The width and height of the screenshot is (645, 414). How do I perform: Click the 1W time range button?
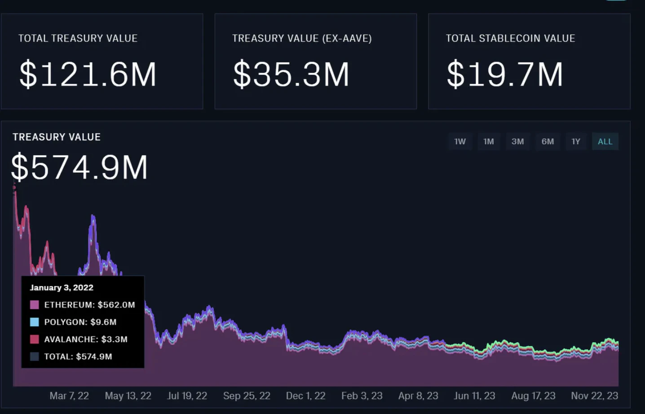click(460, 141)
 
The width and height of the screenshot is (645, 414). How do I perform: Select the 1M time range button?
click(489, 141)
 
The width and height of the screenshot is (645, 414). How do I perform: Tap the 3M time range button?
click(517, 141)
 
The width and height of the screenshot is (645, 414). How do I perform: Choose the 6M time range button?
click(548, 141)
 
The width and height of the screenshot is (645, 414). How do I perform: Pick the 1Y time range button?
click(576, 141)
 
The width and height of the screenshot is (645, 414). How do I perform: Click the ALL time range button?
click(605, 141)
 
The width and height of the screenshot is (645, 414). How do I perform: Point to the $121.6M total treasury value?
click(88, 74)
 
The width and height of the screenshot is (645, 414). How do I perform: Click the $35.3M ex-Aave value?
click(291, 74)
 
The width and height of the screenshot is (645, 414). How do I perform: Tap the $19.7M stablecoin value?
click(504, 74)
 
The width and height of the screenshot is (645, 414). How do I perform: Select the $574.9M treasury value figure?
click(80, 167)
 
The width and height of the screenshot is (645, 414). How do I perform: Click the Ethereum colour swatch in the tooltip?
click(35, 305)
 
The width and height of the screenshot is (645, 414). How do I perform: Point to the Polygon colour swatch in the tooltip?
click(35, 322)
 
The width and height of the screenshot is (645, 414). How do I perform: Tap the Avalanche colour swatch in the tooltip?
click(35, 339)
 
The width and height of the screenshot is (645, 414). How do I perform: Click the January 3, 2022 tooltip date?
click(62, 287)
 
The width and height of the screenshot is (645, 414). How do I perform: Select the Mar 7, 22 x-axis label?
click(69, 396)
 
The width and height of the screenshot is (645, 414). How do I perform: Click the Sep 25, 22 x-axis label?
click(247, 396)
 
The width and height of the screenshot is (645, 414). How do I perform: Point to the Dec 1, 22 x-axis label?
click(305, 396)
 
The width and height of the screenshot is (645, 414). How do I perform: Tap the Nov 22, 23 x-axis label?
click(594, 396)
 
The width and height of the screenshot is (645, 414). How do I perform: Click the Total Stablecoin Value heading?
click(510, 39)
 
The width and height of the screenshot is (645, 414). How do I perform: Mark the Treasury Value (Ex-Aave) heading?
click(302, 39)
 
